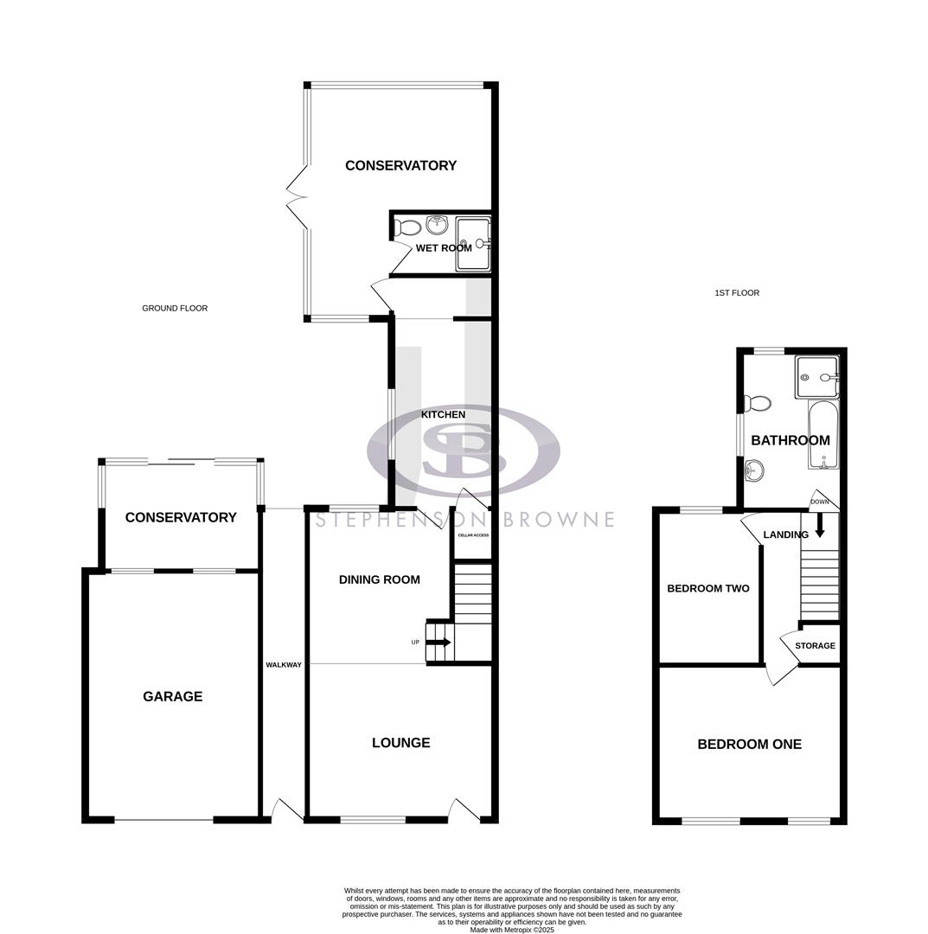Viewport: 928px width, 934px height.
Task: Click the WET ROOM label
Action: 444,248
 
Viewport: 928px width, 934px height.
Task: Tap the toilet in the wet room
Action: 407,228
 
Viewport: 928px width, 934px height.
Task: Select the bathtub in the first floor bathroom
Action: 822,434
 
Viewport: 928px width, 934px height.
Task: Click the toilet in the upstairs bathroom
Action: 758,403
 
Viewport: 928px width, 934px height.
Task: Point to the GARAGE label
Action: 172,696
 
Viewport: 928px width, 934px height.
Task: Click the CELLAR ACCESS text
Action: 473,535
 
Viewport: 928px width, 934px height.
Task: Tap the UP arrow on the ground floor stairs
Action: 438,643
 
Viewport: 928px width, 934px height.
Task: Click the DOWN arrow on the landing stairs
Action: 820,526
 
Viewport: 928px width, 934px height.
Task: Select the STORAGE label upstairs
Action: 815,646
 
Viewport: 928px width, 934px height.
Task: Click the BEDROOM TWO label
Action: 708,589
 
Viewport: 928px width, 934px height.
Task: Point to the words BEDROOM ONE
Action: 749,744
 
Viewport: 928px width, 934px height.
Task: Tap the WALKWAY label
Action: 284,665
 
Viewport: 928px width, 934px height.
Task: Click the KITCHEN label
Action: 443,415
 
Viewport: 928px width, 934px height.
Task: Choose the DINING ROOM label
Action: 379,579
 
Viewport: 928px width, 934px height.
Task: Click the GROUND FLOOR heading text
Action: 175,309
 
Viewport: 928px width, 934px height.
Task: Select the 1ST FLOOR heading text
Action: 737,293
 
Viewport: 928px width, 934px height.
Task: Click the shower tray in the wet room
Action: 473,245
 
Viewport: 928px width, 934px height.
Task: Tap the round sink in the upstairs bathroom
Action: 754,471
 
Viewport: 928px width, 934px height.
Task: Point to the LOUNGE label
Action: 400,743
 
